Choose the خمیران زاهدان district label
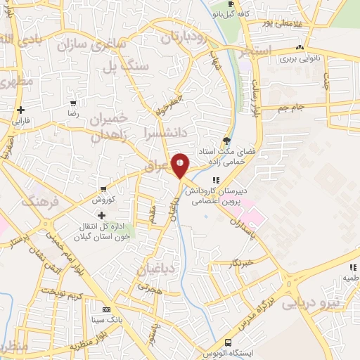coord(112,127)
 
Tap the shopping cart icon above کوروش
coord(103,189)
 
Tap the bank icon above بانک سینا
coord(107,309)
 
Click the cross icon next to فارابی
coord(21,110)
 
